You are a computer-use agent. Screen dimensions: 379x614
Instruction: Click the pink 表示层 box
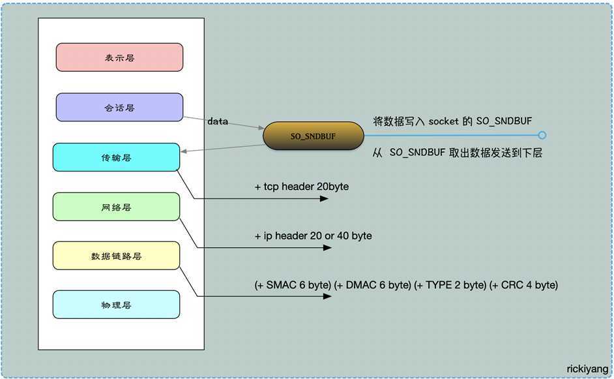tap(119, 57)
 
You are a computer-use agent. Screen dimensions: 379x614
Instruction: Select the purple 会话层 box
tap(119, 107)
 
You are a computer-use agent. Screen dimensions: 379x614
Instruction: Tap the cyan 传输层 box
tap(116, 157)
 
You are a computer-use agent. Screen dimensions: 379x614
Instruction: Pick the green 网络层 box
tap(116, 207)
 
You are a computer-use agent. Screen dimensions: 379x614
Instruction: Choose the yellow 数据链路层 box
tap(116, 256)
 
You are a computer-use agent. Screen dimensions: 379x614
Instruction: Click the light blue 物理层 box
tap(116, 305)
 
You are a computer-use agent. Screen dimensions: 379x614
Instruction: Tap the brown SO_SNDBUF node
tap(313, 136)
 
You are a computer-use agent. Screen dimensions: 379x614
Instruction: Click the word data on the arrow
tap(218, 121)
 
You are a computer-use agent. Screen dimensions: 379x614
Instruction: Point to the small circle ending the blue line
tap(542, 136)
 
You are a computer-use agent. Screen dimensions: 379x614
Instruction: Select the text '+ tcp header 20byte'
tap(301, 187)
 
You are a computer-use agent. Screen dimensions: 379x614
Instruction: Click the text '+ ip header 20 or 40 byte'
tap(313, 235)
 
